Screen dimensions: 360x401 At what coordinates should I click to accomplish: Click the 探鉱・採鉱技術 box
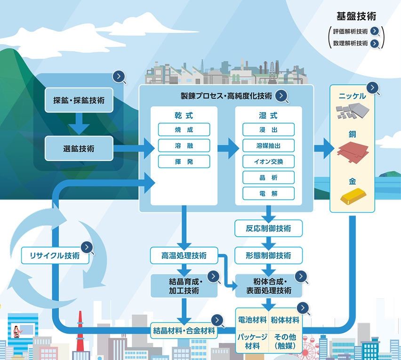79,100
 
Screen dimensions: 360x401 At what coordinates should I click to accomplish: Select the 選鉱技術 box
79,148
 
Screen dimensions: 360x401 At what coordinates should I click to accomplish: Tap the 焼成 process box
184,129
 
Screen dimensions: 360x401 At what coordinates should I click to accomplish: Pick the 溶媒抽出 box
268,145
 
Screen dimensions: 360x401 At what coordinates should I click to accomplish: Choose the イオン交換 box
268,161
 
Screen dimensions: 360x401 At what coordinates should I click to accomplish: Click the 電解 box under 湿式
268,193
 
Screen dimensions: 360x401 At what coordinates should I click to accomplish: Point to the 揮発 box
184,161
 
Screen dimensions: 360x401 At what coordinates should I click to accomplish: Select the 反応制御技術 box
268,229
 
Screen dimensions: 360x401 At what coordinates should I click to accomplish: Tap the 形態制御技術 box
268,256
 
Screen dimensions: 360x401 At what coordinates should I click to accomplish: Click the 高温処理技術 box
184,256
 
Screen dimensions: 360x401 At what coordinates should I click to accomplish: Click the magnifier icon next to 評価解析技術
375,32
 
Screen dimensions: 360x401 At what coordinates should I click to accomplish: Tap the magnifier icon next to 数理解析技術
375,44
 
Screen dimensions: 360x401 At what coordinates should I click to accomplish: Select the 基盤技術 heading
356,17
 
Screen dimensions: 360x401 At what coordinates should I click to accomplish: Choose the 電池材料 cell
252,320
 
